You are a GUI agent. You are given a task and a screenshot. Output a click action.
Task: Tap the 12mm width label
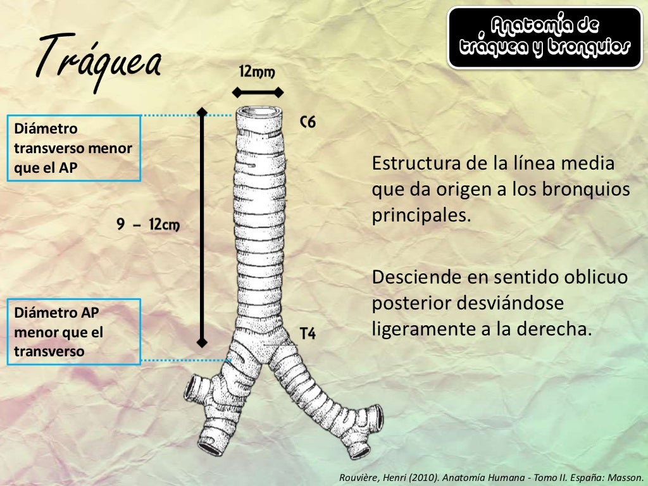256,72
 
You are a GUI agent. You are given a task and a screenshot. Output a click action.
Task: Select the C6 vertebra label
307,122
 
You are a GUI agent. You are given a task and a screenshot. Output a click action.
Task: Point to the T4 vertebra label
308,333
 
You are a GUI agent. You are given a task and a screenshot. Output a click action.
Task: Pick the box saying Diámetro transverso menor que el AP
73,148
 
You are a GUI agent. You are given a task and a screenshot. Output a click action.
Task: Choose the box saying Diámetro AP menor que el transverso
73,332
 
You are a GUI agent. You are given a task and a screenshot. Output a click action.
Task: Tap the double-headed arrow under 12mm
256,92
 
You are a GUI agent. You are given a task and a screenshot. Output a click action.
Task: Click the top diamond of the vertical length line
202,112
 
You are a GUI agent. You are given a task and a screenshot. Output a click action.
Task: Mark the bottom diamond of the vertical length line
202,342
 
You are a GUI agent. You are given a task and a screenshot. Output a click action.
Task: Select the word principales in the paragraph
421,215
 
